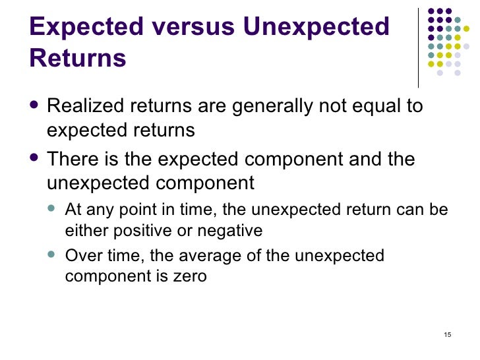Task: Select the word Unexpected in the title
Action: point(316,27)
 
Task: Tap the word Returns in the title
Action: point(78,58)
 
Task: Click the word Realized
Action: point(86,106)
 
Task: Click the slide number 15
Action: point(448,335)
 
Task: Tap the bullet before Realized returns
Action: point(34,106)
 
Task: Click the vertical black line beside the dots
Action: point(419,46)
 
